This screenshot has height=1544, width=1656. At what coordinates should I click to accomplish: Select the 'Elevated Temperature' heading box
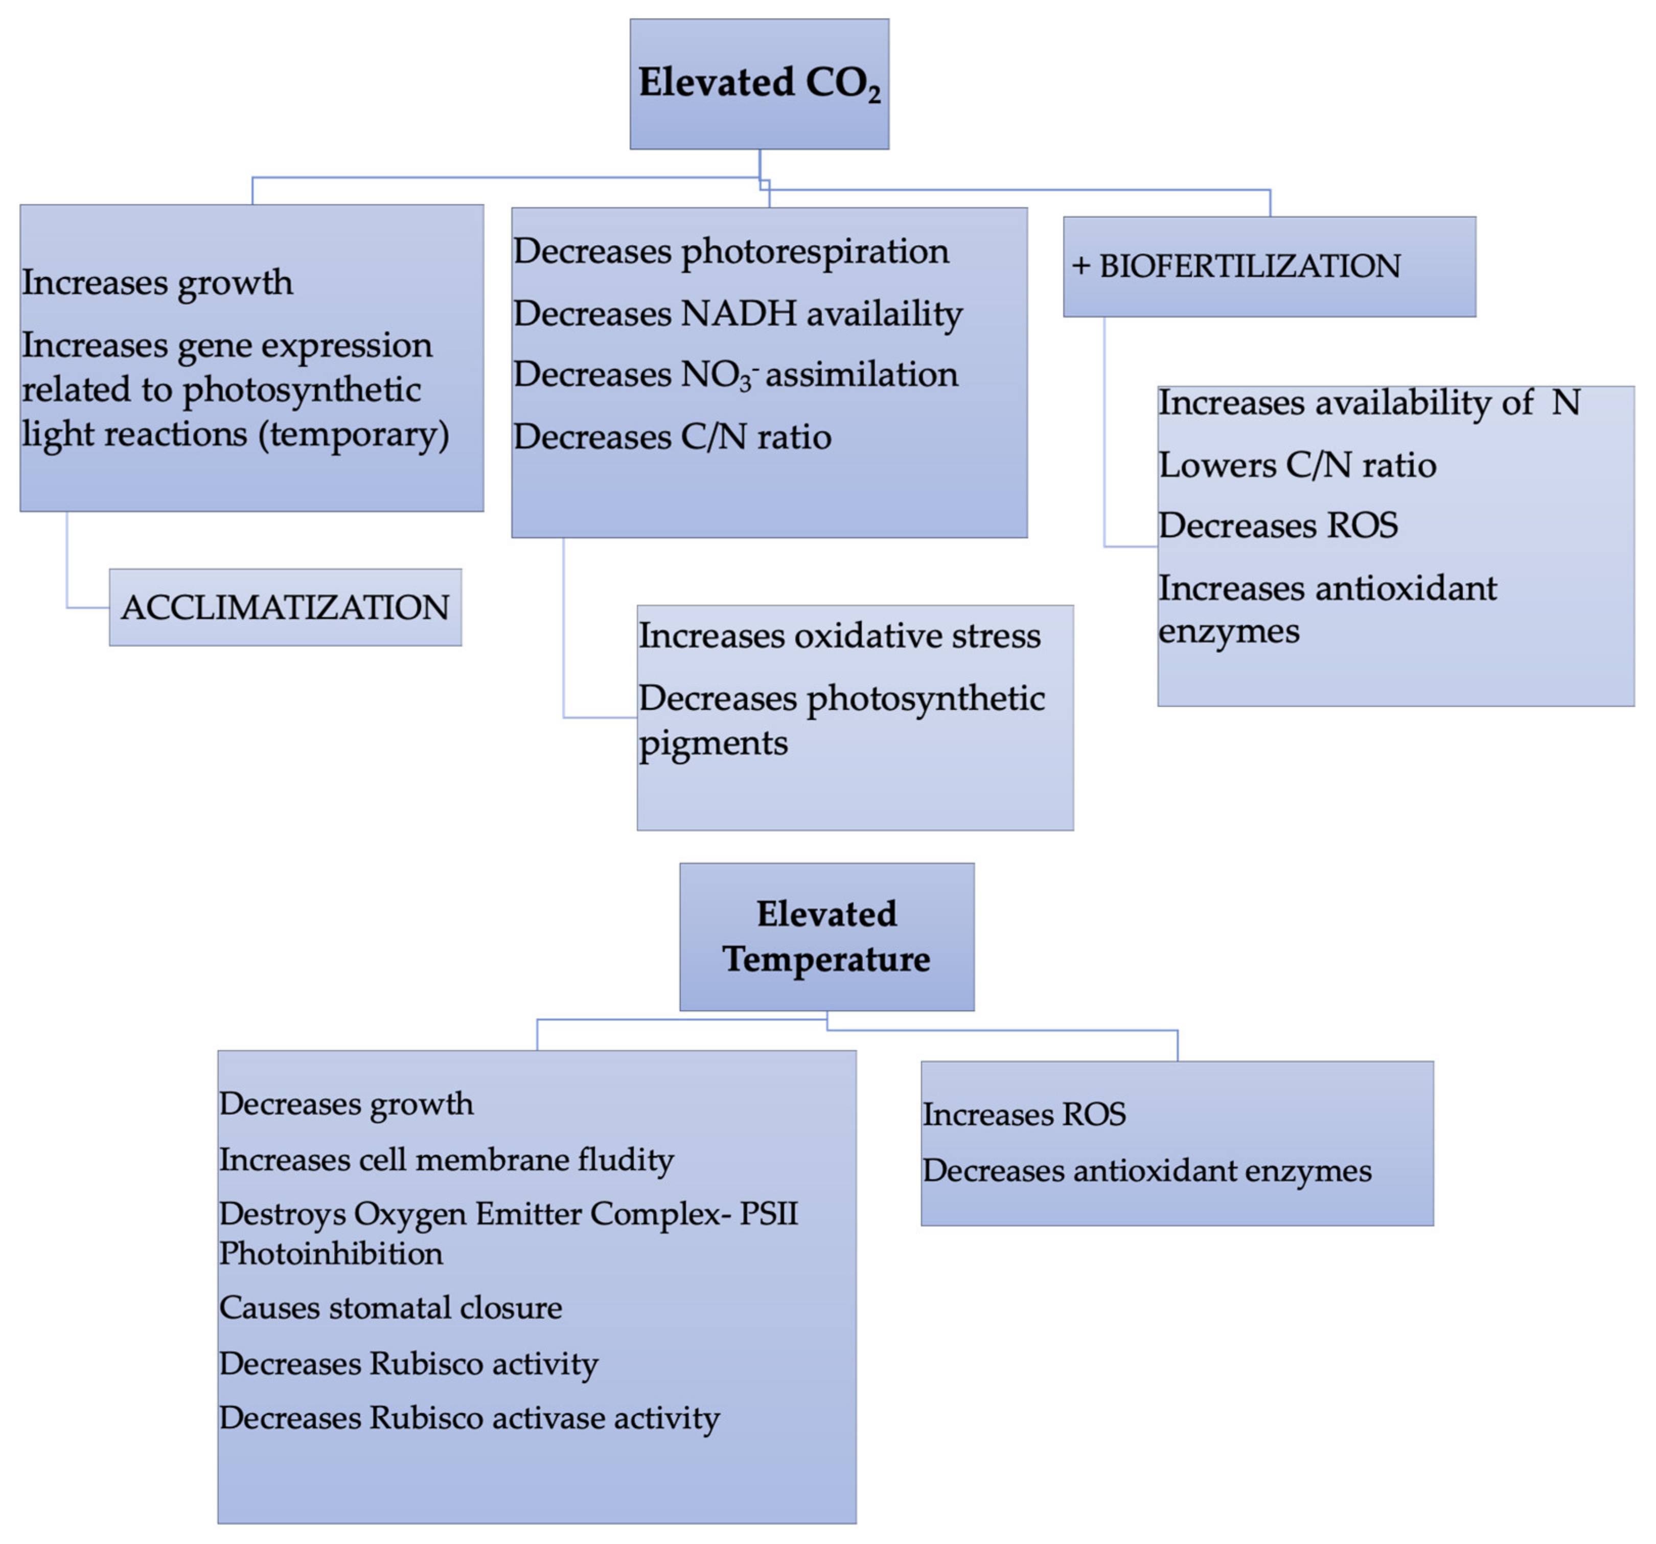click(x=826, y=937)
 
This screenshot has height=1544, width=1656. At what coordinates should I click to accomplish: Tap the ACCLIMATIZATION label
click(x=285, y=607)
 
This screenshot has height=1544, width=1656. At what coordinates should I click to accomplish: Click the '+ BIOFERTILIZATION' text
click(x=1236, y=266)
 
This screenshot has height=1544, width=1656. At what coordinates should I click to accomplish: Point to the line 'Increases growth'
click(x=157, y=282)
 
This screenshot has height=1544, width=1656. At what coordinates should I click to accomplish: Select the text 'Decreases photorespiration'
click(x=730, y=251)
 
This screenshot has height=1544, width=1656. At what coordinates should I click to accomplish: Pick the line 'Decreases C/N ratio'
click(x=672, y=437)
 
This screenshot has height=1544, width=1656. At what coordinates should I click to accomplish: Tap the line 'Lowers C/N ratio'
click(x=1297, y=465)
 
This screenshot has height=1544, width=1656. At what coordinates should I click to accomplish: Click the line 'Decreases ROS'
click(x=1278, y=526)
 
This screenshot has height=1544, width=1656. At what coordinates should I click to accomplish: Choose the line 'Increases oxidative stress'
click(x=839, y=636)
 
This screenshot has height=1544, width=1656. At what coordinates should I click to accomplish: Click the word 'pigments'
click(x=713, y=742)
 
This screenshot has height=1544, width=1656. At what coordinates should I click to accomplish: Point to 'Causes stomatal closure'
click(x=390, y=1307)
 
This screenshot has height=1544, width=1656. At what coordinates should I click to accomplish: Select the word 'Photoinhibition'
click(x=331, y=1253)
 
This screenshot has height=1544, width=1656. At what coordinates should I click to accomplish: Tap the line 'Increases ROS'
click(x=1024, y=1114)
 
